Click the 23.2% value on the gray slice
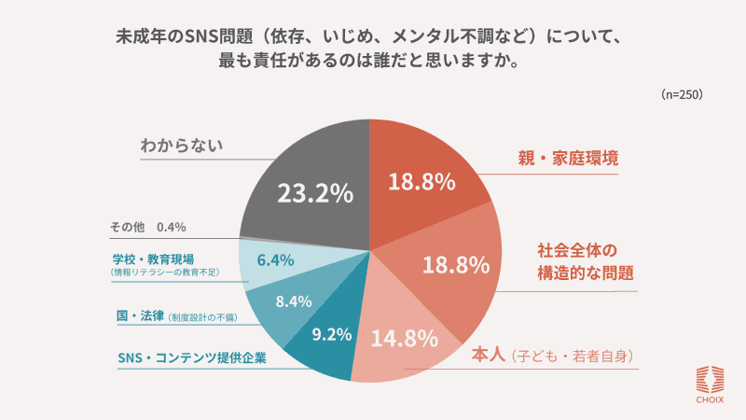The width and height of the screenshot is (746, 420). click(315, 193)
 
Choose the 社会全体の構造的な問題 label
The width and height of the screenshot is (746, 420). click(585, 262)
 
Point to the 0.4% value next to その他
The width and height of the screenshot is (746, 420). click(172, 227)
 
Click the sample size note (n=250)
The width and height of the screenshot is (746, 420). click(681, 95)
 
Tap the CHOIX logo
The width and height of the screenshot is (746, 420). click(711, 384)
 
